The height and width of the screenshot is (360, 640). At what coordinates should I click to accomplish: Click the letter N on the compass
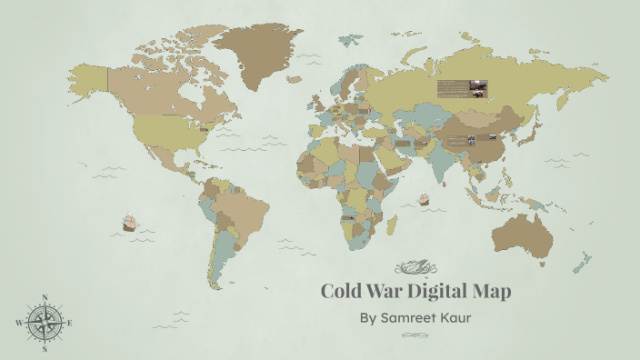coord(45,297)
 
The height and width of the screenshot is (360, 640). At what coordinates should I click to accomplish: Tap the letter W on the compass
coord(18,323)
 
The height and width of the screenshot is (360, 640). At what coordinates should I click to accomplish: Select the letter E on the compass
coord(70,323)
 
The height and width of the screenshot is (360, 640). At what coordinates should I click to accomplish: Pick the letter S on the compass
coord(44,348)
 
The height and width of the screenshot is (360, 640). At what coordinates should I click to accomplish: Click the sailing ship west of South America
coord(129,222)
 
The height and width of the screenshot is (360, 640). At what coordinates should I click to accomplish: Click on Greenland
coord(258,50)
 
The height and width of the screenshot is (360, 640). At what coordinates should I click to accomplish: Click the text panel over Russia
coord(462,88)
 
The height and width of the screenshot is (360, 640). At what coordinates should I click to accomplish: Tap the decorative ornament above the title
coord(415,266)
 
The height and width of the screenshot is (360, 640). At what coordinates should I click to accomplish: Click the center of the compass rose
coord(44,323)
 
